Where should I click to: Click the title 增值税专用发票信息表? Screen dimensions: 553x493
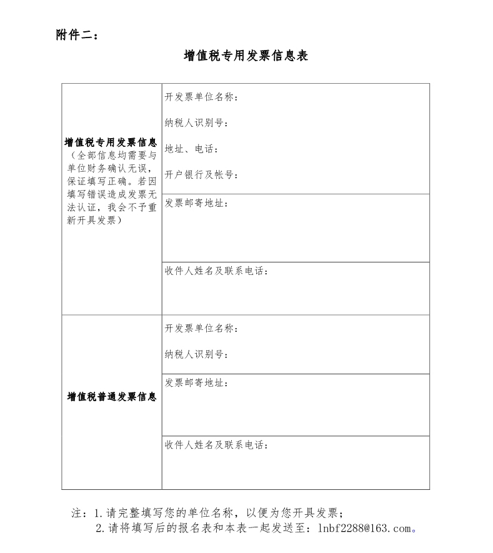point(246,56)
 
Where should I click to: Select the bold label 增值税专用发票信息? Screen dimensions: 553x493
point(111,142)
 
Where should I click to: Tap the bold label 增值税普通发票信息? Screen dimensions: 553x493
point(111,397)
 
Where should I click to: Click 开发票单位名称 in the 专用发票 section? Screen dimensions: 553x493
point(200,97)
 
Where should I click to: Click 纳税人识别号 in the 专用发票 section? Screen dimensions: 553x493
point(195,122)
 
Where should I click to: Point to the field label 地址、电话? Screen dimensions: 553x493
point(191,149)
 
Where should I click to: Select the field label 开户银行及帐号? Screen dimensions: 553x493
point(200,174)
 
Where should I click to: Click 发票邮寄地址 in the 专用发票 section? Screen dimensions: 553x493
point(195,203)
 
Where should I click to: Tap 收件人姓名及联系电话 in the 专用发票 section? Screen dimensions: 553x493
point(216,271)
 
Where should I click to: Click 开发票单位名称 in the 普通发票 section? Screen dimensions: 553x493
point(200,329)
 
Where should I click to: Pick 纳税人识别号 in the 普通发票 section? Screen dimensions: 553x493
point(195,354)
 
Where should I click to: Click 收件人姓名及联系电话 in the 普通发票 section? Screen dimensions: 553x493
point(216,445)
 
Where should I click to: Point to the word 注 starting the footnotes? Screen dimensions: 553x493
point(77,513)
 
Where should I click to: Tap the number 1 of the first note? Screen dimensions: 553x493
point(97,513)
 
